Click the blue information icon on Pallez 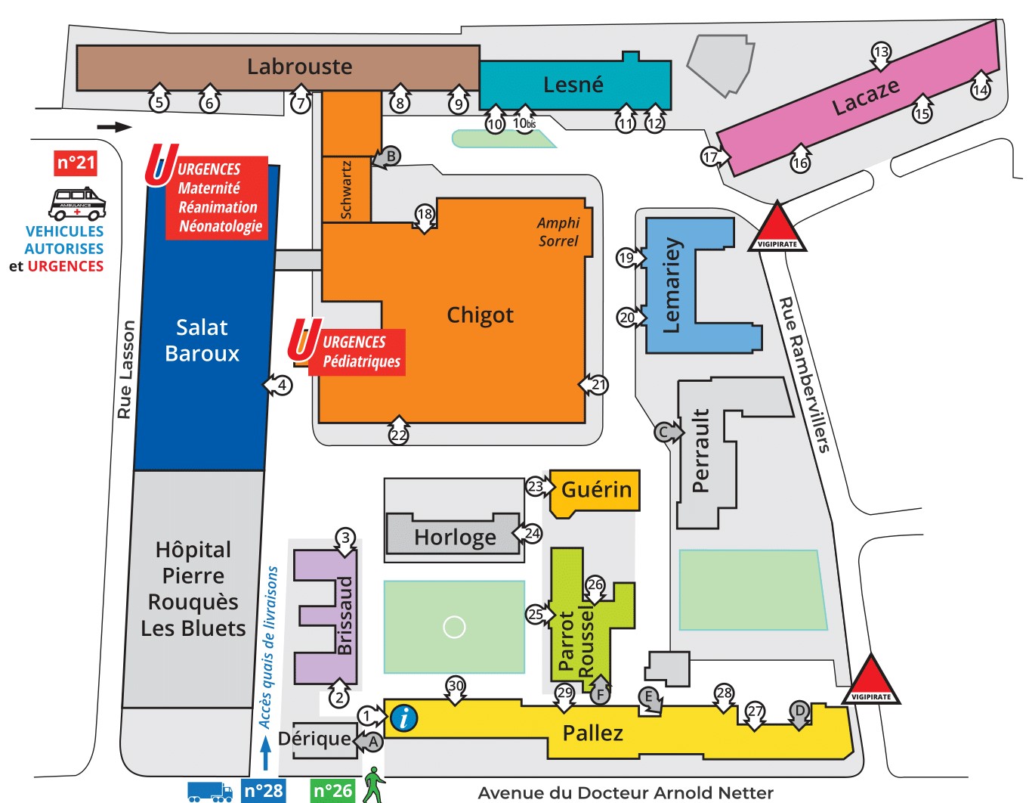(x=404, y=718)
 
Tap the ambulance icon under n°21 (x=77, y=203)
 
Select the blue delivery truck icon (x=209, y=792)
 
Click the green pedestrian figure (x=373, y=785)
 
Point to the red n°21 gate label (x=76, y=163)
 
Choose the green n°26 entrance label (x=332, y=791)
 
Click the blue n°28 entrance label (x=264, y=791)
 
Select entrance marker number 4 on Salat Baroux (x=281, y=385)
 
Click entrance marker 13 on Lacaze (x=881, y=52)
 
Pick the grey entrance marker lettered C (x=663, y=433)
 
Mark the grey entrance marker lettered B (x=391, y=157)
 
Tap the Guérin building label (x=596, y=490)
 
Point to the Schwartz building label (x=346, y=189)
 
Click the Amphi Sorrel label (x=558, y=232)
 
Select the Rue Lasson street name (x=125, y=370)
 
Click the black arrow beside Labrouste (x=114, y=127)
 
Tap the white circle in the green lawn (x=454, y=627)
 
